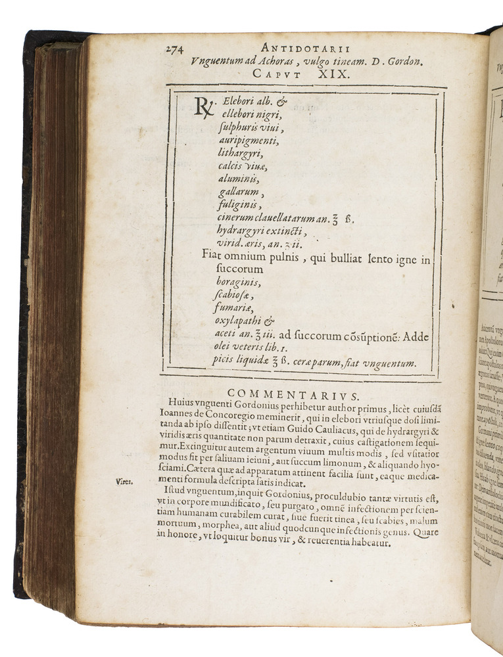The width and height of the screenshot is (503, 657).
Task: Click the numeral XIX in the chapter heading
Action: click(x=328, y=74)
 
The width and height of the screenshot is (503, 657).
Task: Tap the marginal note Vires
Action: click(x=124, y=481)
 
